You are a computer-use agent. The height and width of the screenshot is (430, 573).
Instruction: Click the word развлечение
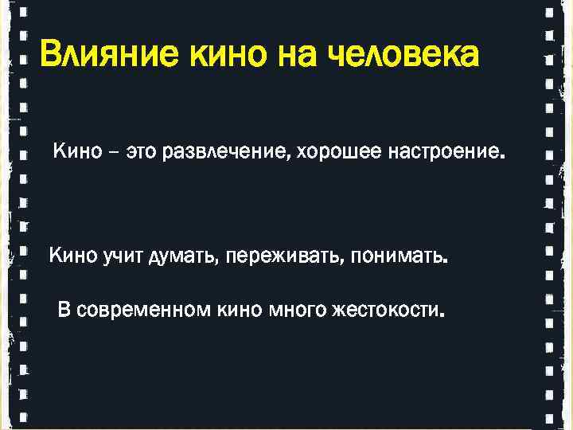pos(225,152)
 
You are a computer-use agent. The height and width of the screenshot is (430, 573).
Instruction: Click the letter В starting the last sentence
pos(63,309)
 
